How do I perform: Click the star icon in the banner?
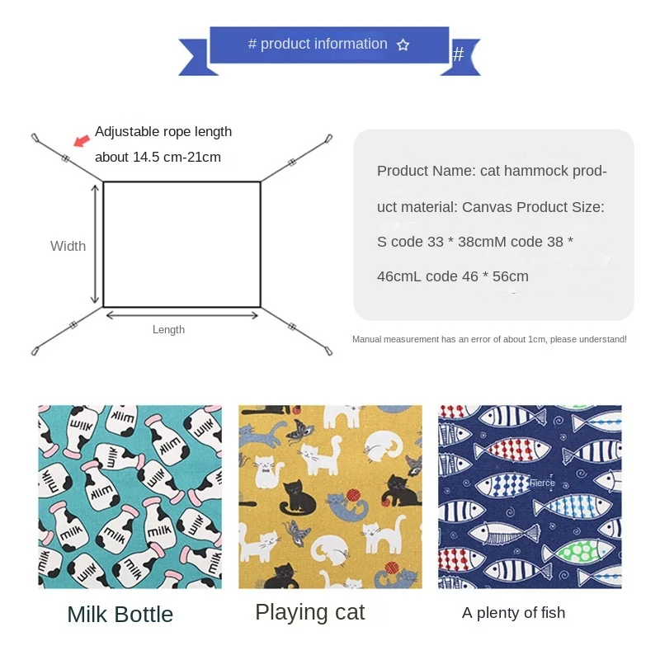403,45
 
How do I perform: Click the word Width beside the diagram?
68,246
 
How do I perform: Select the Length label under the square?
168,330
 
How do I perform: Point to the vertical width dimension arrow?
95,245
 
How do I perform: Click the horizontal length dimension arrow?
182,314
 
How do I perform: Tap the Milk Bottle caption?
120,615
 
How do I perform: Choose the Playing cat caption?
309,612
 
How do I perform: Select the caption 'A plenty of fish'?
513,612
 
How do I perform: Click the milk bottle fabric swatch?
130,496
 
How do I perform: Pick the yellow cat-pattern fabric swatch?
330,496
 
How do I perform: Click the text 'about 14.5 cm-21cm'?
158,157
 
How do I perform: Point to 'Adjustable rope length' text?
163,131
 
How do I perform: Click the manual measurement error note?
489,339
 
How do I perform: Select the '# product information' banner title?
318,45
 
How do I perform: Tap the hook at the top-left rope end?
35,137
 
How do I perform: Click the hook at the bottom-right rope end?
328,351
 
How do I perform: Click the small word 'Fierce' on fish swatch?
542,483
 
